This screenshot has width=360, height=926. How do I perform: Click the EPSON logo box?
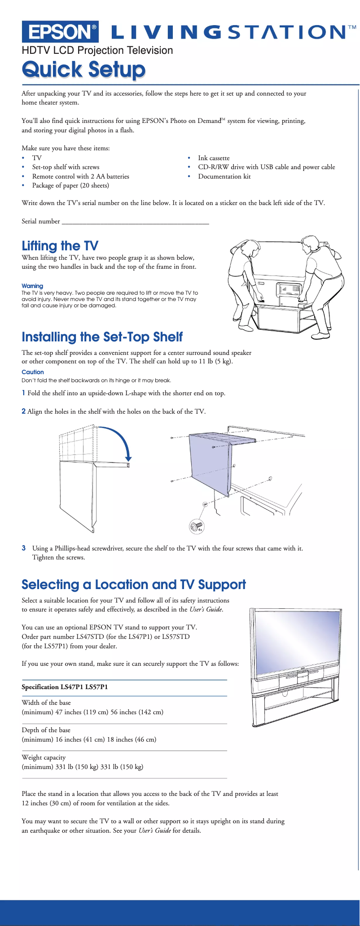click(x=60, y=32)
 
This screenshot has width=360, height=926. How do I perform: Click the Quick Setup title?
click(x=83, y=70)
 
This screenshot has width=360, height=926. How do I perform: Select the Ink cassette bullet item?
click(x=214, y=158)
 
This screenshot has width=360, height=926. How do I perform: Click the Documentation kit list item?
click(x=224, y=176)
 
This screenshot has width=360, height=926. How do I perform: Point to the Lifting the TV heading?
click(x=60, y=246)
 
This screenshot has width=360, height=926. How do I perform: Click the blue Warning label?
click(x=32, y=286)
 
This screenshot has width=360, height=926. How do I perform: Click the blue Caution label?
click(x=33, y=372)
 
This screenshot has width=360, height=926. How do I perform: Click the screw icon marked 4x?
click(x=196, y=526)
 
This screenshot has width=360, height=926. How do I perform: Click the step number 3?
click(x=24, y=548)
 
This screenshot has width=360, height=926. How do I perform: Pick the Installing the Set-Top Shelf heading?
click(x=102, y=337)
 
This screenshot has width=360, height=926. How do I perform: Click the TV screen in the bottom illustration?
click(x=296, y=637)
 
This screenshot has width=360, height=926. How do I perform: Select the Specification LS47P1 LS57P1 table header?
click(x=65, y=687)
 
